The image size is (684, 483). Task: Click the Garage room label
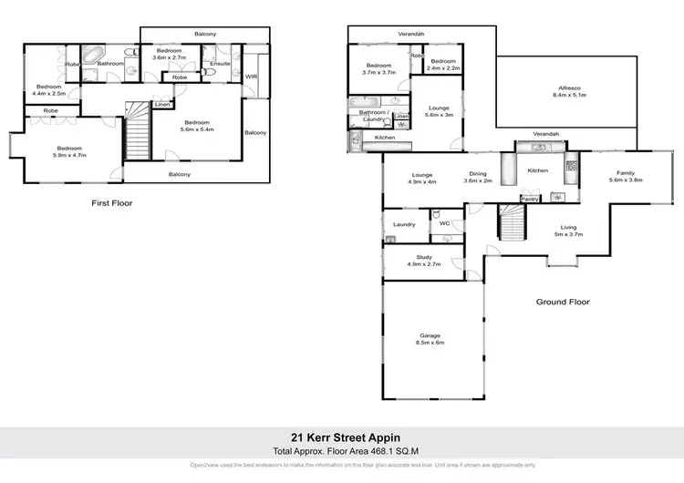tap(430, 334)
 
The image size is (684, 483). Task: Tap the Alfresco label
tap(569, 87)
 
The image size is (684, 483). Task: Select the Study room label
tap(423, 258)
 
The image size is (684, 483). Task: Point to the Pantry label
tap(529, 198)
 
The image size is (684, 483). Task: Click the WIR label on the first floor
tap(252, 77)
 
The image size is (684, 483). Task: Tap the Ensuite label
tap(221, 64)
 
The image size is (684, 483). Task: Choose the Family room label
tap(626, 172)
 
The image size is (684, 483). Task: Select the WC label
tap(446, 223)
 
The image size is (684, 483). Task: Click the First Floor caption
tap(113, 203)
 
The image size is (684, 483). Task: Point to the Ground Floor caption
tap(564, 302)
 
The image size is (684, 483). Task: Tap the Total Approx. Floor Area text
tap(341, 450)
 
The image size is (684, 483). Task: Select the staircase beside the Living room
tap(512, 221)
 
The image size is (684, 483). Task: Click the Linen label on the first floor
tap(161, 105)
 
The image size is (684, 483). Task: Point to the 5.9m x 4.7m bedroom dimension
tap(70, 156)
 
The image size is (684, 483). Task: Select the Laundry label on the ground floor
tap(404, 224)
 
